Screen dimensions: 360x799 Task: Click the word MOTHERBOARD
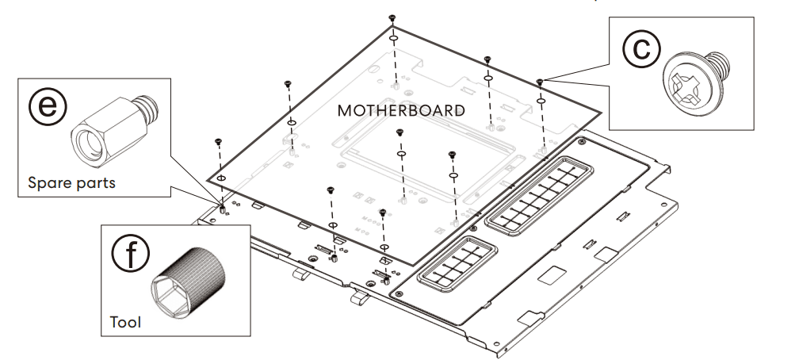[401, 110]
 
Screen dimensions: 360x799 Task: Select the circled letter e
[48, 106]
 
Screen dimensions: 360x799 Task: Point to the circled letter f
[131, 252]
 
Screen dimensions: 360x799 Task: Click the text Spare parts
[71, 182]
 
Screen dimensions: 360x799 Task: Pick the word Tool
[126, 322]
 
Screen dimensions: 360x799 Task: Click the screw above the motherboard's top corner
[392, 17]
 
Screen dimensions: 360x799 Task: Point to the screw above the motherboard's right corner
[540, 81]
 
